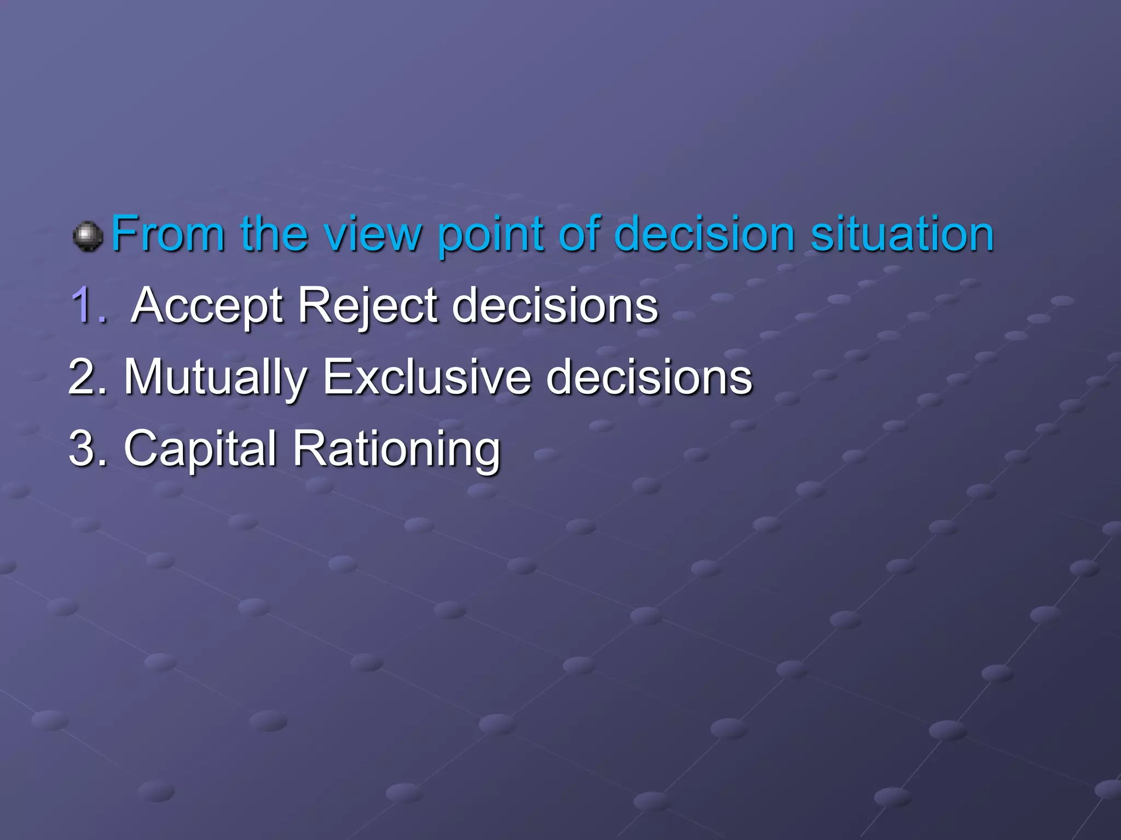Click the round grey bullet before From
[88, 236]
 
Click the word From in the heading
[167, 234]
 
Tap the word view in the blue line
[372, 234]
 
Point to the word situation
[902, 234]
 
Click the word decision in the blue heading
[704, 234]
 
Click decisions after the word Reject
[555, 305]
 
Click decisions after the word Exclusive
[649, 377]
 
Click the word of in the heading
[580, 234]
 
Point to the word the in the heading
[274, 234]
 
